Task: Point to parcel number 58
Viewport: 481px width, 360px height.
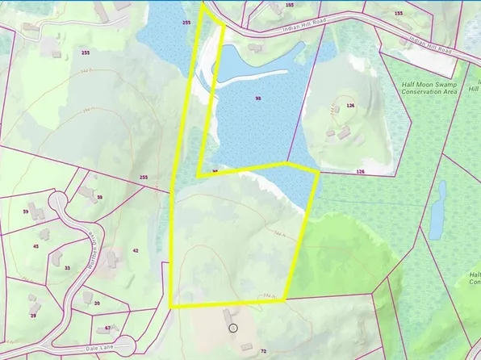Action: (x=100, y=197)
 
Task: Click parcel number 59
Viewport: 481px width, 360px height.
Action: (x=26, y=212)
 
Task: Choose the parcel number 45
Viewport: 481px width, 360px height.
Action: (x=36, y=245)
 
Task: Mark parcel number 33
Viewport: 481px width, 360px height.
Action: (x=67, y=267)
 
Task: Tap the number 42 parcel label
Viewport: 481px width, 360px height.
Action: (x=136, y=251)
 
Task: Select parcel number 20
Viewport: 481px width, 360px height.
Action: (x=97, y=303)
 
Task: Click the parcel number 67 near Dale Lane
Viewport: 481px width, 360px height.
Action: (x=107, y=329)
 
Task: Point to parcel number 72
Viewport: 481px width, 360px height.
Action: (x=263, y=352)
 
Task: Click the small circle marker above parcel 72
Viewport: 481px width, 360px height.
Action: (x=232, y=328)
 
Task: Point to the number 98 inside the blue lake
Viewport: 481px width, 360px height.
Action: (x=258, y=98)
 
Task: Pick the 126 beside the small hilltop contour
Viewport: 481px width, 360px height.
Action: (x=350, y=105)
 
